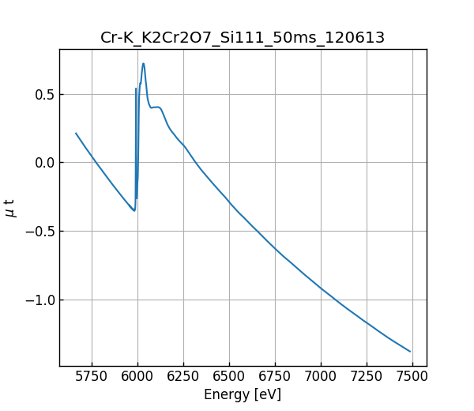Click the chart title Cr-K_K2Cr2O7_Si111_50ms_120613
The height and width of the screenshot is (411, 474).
pyautogui.click(x=243, y=37)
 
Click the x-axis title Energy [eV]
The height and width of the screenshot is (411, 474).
pyautogui.click(x=243, y=394)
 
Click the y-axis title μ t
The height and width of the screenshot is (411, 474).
pyautogui.click(x=10, y=208)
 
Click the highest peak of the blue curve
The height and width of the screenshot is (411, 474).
pyautogui.click(x=143, y=64)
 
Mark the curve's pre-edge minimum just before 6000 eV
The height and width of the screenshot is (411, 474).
pyautogui.click(x=134, y=210)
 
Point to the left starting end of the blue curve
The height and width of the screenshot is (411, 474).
pyautogui.click(x=76, y=134)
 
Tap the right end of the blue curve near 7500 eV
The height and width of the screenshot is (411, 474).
pyautogui.click(x=410, y=351)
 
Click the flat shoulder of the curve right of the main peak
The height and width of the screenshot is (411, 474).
pyautogui.click(x=156, y=107)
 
